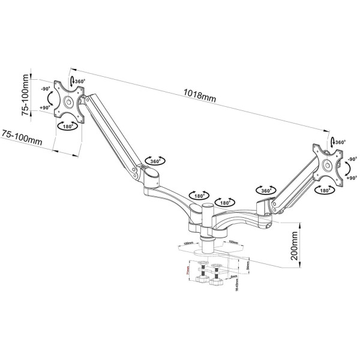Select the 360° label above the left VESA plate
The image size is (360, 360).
(x=79, y=82)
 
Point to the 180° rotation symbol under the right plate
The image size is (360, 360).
(x=325, y=190)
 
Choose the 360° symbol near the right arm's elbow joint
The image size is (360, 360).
(x=265, y=190)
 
